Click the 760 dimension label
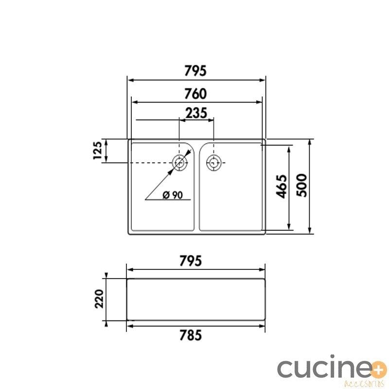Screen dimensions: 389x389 coord(195,94)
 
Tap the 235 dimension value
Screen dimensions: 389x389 coord(196,113)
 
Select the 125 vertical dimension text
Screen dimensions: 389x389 coord(98,150)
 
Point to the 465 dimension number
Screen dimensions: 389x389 coord(282,186)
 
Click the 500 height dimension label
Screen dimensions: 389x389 coord(302,185)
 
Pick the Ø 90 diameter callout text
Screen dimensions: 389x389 coord(173,195)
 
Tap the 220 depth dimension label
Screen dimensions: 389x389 coord(99,299)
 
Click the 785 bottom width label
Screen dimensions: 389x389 coord(190,336)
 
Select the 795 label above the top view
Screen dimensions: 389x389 coord(195,71)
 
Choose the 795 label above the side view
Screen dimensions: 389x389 coord(190,261)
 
